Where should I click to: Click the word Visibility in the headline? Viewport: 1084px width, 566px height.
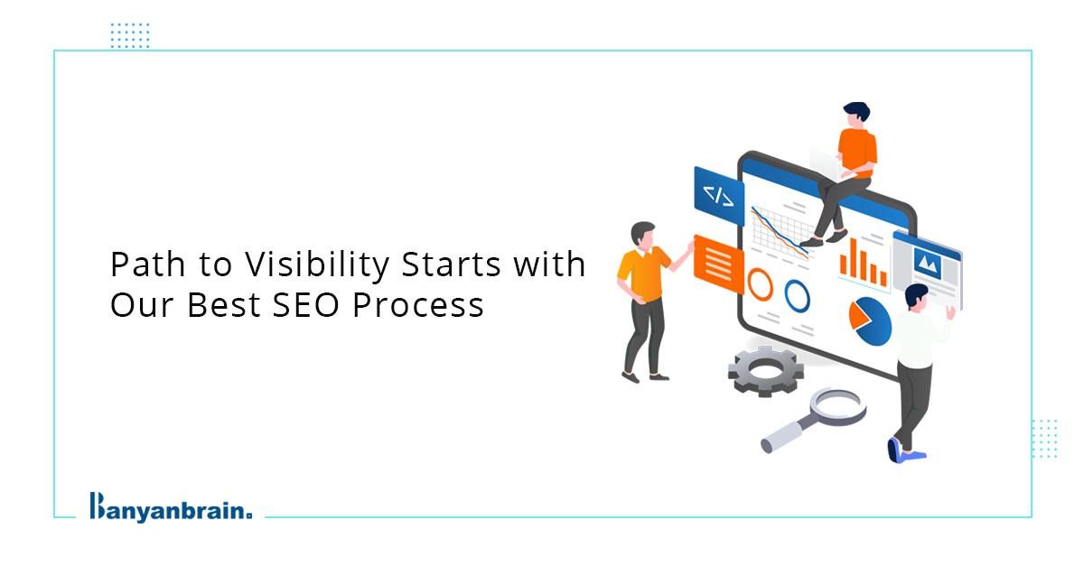(x=317, y=266)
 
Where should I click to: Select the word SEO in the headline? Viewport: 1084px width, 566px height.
(x=305, y=306)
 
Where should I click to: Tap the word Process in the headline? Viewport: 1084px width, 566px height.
(x=418, y=306)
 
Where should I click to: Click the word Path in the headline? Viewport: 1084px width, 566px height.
(x=147, y=264)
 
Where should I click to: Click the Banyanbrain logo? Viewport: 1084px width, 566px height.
(x=171, y=507)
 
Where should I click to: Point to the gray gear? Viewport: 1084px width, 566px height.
(x=766, y=372)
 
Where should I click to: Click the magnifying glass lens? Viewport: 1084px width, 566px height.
(x=838, y=406)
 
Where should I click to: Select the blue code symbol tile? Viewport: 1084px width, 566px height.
(x=719, y=195)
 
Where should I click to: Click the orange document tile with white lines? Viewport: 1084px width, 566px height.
(x=719, y=264)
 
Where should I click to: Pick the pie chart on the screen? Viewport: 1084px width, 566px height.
(x=870, y=321)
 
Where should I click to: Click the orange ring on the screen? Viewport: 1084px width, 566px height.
(x=761, y=284)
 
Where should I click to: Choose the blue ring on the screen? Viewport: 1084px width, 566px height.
(x=797, y=295)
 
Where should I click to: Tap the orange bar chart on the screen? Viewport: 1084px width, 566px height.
(x=864, y=264)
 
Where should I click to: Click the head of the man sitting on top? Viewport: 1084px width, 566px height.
(x=855, y=115)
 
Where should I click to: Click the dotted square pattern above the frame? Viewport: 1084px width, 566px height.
(x=130, y=35)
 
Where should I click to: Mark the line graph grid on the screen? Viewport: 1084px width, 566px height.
(x=780, y=232)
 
